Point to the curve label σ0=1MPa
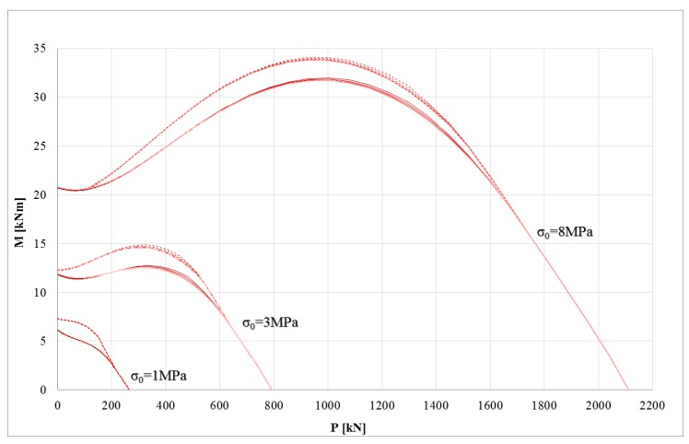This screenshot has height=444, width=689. pos(163,375)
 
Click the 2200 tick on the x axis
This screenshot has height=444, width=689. pos(652,404)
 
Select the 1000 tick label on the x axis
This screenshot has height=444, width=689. pos(328,404)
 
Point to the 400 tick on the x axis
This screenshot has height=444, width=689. pos(166,404)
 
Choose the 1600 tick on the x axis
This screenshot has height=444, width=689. pos(490,404)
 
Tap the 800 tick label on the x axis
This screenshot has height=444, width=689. pos(274,404)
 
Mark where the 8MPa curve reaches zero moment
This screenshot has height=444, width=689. pos(627,390)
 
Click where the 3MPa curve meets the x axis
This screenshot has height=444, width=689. pos(272,390)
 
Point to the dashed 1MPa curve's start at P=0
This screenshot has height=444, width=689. pos(58,319)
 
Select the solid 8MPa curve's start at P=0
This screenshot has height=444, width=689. pos(58,188)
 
